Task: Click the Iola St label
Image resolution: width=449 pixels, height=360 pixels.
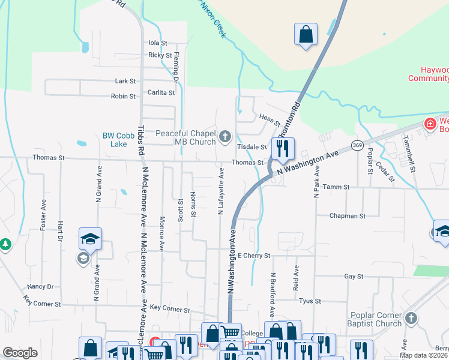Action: [157, 43]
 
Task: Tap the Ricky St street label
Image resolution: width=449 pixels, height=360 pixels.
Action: [160, 55]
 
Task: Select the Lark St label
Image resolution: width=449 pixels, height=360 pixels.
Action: [125, 81]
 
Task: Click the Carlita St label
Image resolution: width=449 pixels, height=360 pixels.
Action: [161, 93]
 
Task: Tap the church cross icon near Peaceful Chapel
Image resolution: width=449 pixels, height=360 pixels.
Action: [225, 137]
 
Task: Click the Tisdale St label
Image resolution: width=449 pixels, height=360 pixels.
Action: [252, 147]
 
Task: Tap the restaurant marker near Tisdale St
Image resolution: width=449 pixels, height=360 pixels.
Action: [283, 148]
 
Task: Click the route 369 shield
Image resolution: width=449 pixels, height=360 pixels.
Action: [358, 145]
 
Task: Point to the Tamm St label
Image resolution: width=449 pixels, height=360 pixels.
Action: [336, 187]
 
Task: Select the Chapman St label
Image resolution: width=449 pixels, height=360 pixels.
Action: [347, 215]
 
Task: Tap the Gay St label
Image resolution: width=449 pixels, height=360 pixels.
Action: [354, 277]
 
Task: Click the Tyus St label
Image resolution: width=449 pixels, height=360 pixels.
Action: [310, 301]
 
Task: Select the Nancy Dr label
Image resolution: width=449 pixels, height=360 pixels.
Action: [40, 287]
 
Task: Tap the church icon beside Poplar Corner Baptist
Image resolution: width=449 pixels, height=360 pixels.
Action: [411, 318]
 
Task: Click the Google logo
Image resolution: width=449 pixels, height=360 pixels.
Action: [20, 353]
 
